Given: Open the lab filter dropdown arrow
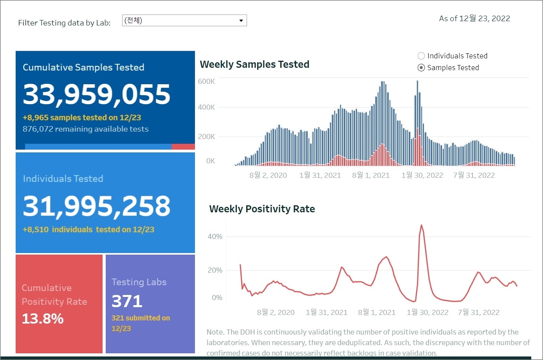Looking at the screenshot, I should pos(241,20).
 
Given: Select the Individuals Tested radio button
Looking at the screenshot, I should pos(421,56).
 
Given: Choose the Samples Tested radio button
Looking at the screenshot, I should pos(421,67).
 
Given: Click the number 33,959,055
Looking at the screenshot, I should pos(96,94).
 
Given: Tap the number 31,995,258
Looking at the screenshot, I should pos(96,206).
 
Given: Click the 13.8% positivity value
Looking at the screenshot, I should pos(43,318).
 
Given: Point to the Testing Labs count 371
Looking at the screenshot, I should pos(127,301).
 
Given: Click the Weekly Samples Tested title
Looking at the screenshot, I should pos(254,64).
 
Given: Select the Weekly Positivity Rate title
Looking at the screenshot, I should pos(262,209).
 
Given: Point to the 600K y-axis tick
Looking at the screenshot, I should pos(206,81).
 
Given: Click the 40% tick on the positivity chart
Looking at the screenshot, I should pos(215,237).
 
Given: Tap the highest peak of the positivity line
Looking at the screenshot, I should pos(421,225).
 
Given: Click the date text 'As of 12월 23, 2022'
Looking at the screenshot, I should pos(474,18).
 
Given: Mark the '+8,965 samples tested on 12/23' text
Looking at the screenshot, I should pos(82,118).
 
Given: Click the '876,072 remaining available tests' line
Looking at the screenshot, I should pos(86,129).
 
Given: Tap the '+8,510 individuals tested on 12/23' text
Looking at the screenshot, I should pos(88,230).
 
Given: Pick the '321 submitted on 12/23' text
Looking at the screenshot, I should pos(141,323).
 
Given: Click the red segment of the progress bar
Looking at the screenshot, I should pos(183,147).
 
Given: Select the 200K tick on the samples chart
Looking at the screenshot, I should pos(206,137).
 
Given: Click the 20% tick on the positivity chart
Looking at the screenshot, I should pos(215,270).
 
